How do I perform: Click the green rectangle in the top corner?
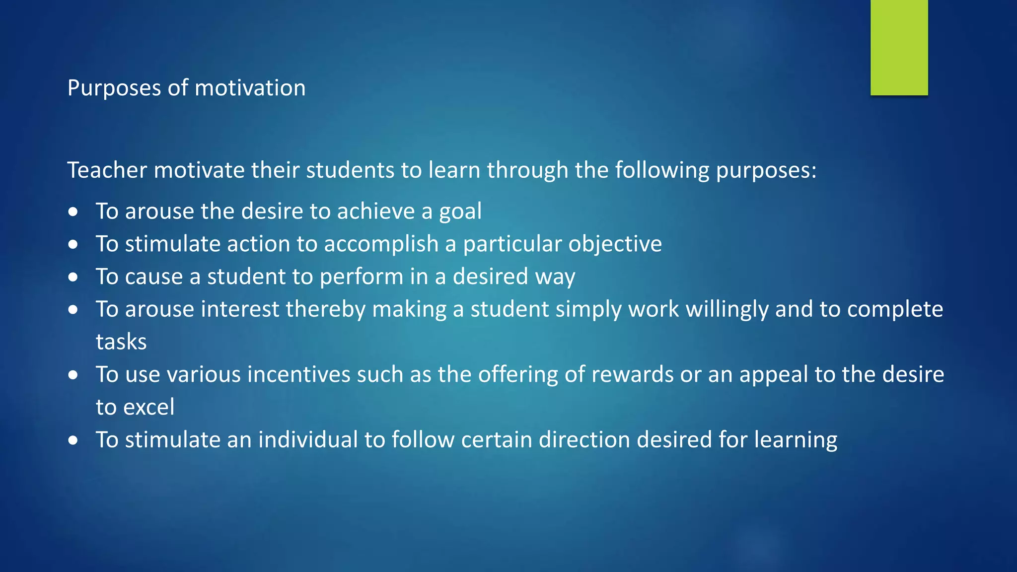(x=899, y=47)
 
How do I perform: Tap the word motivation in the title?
(x=250, y=88)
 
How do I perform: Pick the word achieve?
(x=376, y=211)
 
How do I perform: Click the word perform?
(x=362, y=277)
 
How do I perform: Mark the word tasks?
(x=121, y=342)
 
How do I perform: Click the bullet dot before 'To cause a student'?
(x=73, y=277)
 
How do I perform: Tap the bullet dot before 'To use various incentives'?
(x=73, y=375)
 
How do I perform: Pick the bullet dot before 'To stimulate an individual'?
(x=73, y=440)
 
